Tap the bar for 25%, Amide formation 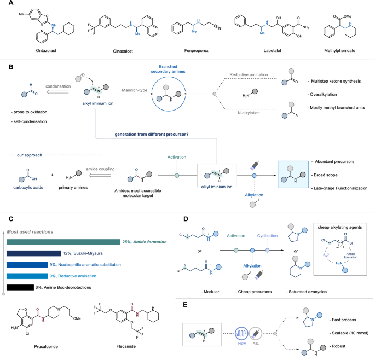62,227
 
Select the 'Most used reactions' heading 31,216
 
